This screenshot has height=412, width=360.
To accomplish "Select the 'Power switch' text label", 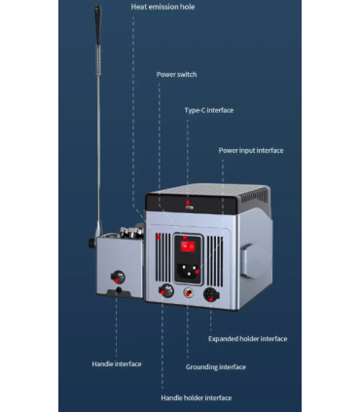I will (x=175, y=74).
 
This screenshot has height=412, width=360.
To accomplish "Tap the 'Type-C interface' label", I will (x=209, y=110).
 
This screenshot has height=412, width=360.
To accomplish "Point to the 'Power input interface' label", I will (x=251, y=150).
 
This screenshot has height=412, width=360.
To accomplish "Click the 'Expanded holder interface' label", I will (x=248, y=339).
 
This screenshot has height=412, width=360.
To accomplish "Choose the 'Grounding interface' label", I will (x=215, y=367).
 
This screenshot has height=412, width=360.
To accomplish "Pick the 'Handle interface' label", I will (x=116, y=363).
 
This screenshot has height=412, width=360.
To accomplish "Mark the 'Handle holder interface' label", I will (x=196, y=397).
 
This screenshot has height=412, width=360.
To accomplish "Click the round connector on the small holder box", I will (x=120, y=277).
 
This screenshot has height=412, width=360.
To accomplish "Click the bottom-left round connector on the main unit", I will (x=166, y=291).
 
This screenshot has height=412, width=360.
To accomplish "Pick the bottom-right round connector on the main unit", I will (x=209, y=294).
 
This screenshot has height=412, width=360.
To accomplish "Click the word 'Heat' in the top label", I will (x=140, y=8).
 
